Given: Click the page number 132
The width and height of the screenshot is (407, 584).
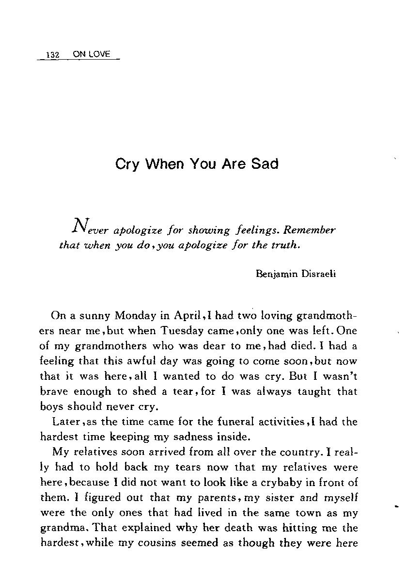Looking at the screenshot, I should coord(52,55).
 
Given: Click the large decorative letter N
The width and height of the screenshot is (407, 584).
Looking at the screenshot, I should coord(79,225).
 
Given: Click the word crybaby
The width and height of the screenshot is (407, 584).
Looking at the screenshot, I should coord(287,482).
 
